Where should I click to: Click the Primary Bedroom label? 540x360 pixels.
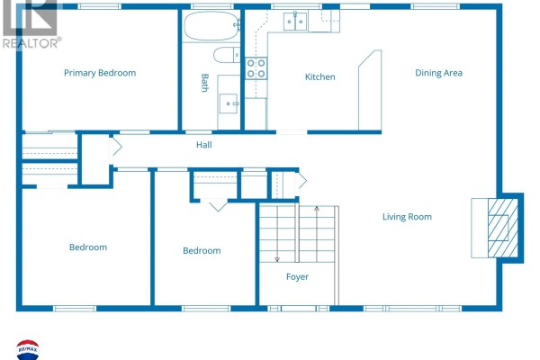point(100,73)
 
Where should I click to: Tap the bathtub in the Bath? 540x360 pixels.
point(211,25)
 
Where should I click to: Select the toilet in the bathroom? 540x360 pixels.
point(226,55)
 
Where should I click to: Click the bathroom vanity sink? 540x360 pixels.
point(229,103)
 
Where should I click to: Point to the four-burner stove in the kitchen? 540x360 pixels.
point(256,68)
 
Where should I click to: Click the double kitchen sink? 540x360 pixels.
point(295,22)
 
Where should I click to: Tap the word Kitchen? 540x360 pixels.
point(319,76)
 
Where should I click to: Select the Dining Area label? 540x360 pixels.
point(438,73)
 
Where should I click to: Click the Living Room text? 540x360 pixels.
point(407,217)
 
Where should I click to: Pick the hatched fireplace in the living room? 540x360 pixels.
point(503,228)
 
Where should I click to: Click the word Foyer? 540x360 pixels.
point(297,277)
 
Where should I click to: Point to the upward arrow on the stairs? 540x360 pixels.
point(317,234)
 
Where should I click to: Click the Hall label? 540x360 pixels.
point(204,145)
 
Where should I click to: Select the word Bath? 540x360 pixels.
point(204,83)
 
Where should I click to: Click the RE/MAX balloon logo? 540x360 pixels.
point(28,350)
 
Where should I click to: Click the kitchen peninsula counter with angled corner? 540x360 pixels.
point(370,90)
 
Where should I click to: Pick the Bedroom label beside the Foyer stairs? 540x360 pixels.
point(202,251)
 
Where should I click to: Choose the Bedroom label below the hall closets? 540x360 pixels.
point(88,247)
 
